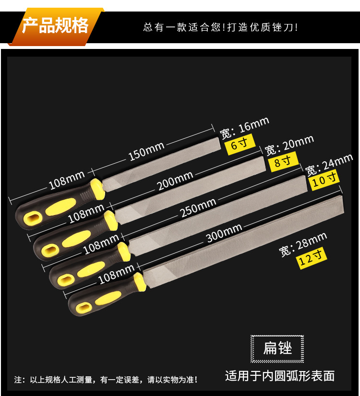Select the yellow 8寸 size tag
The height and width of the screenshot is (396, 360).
pyautogui.click(x=283, y=161)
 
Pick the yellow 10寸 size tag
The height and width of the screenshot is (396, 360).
pyautogui.click(x=324, y=180)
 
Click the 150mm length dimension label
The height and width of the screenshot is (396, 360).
pyautogui.click(x=146, y=151)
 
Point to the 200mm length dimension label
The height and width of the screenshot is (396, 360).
pyautogui.click(x=176, y=181)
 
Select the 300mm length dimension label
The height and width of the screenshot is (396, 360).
pyautogui.click(x=224, y=233)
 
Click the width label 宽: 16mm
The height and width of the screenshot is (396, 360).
pyautogui.click(x=244, y=127)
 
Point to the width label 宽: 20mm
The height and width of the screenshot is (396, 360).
pyautogui.click(x=289, y=144)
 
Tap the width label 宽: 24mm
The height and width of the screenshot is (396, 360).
pyautogui.click(x=329, y=164)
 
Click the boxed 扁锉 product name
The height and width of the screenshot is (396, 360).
pyautogui.click(x=277, y=348)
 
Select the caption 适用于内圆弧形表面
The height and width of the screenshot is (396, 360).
pyautogui.click(x=280, y=375)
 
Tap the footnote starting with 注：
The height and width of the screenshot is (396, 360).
pyautogui.click(x=106, y=380)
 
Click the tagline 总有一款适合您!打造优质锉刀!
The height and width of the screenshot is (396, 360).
pyautogui.click(x=221, y=27)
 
